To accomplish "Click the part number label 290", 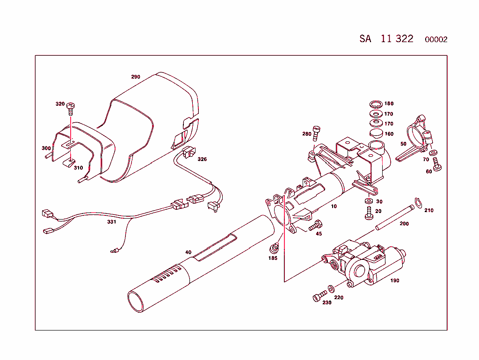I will pos(136,77).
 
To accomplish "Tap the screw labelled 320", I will pos(71,107).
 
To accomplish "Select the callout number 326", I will pos(202,159).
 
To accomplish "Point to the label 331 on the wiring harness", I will pos(111,222).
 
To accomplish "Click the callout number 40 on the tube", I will pos(188,252).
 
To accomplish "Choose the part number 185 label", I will pos(273,258).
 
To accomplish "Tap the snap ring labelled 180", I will pos(375,103).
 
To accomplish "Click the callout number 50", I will pos(403,144).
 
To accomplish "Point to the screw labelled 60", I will pos(437,165).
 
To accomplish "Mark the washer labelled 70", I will pos(433,153).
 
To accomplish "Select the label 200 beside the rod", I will pos(404,224).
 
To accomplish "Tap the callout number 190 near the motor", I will pos(395,281).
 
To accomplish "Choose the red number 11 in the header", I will pos(386,39).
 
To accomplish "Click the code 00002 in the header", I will pos(436,40).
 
